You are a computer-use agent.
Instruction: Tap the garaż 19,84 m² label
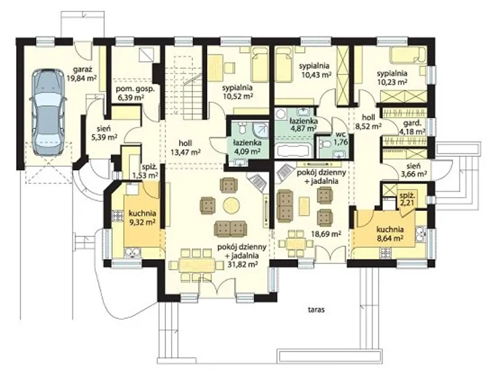pyautogui.click(x=82, y=74)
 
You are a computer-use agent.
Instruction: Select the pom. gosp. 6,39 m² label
pyautogui.click(x=135, y=93)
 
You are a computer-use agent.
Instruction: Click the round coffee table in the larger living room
pyautogui.click(x=231, y=205)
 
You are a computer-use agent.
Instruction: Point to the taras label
pyautogui.click(x=316, y=310)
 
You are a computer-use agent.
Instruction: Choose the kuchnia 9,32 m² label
pyautogui.click(x=142, y=218)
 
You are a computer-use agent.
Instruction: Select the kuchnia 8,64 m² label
pyautogui.click(x=390, y=234)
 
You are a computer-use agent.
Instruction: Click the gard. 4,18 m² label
pyautogui.click(x=412, y=127)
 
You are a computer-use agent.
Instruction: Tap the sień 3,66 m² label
pyautogui.click(x=414, y=170)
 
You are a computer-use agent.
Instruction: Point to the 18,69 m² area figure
pyautogui.click(x=326, y=234)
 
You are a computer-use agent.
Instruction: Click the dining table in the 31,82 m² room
pyautogui.click(x=196, y=265)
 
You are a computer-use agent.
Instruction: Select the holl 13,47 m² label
pyautogui.click(x=185, y=148)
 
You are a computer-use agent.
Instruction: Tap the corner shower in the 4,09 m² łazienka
pyautogui.click(x=261, y=130)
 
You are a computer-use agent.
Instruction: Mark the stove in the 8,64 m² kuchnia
pyautogui.click(x=386, y=253)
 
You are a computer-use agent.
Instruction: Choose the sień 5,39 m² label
pyautogui.click(x=104, y=133)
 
